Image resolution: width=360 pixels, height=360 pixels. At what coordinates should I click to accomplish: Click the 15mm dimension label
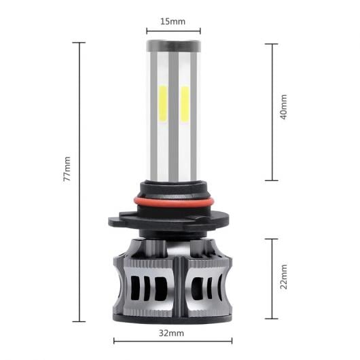click(x=173, y=21)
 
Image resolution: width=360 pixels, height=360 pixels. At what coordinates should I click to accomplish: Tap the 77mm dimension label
click(x=67, y=168)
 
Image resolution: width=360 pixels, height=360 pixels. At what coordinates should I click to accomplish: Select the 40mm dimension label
click(x=284, y=107)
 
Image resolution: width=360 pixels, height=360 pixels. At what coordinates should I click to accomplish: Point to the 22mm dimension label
click(x=284, y=276)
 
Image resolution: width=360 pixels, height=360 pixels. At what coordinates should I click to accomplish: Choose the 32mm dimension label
click(x=171, y=333)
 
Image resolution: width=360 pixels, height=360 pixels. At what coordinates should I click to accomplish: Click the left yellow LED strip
click(x=163, y=104)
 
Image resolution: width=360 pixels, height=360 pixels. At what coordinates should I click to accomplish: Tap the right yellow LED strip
click(x=185, y=104)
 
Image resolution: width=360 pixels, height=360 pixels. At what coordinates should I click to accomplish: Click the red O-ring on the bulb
click(x=174, y=202)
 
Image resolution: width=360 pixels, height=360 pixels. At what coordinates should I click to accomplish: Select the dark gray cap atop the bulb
click(x=174, y=46)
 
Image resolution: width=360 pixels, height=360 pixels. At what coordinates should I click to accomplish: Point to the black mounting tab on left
click(x=115, y=221)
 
